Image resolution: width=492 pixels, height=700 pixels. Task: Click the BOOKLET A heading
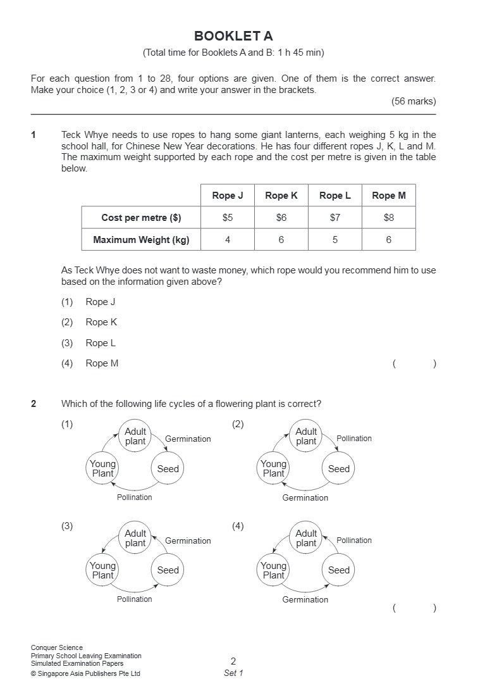(233, 36)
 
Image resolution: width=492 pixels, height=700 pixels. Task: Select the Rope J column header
(228, 196)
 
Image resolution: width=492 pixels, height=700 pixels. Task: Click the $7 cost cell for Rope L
(335, 218)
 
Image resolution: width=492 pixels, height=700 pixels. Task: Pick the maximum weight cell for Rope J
(228, 240)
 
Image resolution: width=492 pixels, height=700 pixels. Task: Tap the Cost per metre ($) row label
(141, 218)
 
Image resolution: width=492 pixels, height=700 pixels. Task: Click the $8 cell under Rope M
(388, 218)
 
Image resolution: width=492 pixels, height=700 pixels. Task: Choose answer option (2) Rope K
(101, 322)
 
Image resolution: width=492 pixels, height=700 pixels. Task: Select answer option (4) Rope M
(102, 363)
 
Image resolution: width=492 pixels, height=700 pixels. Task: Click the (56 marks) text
(414, 101)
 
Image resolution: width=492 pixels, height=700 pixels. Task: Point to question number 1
(34, 135)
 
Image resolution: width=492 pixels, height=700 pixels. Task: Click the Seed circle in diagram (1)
(168, 469)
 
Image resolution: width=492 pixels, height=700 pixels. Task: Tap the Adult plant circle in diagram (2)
(306, 436)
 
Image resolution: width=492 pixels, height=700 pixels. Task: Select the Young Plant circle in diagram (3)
(103, 570)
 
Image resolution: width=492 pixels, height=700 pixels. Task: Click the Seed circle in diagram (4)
(338, 570)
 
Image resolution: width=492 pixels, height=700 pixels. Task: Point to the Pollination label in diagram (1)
(135, 497)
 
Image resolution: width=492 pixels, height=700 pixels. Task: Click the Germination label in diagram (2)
(305, 498)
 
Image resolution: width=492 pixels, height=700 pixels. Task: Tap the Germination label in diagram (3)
(188, 541)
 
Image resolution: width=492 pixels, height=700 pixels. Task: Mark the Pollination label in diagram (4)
(354, 541)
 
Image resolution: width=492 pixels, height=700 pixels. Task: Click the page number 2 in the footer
(233, 661)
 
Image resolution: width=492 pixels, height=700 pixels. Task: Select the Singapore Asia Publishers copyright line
(85, 673)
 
